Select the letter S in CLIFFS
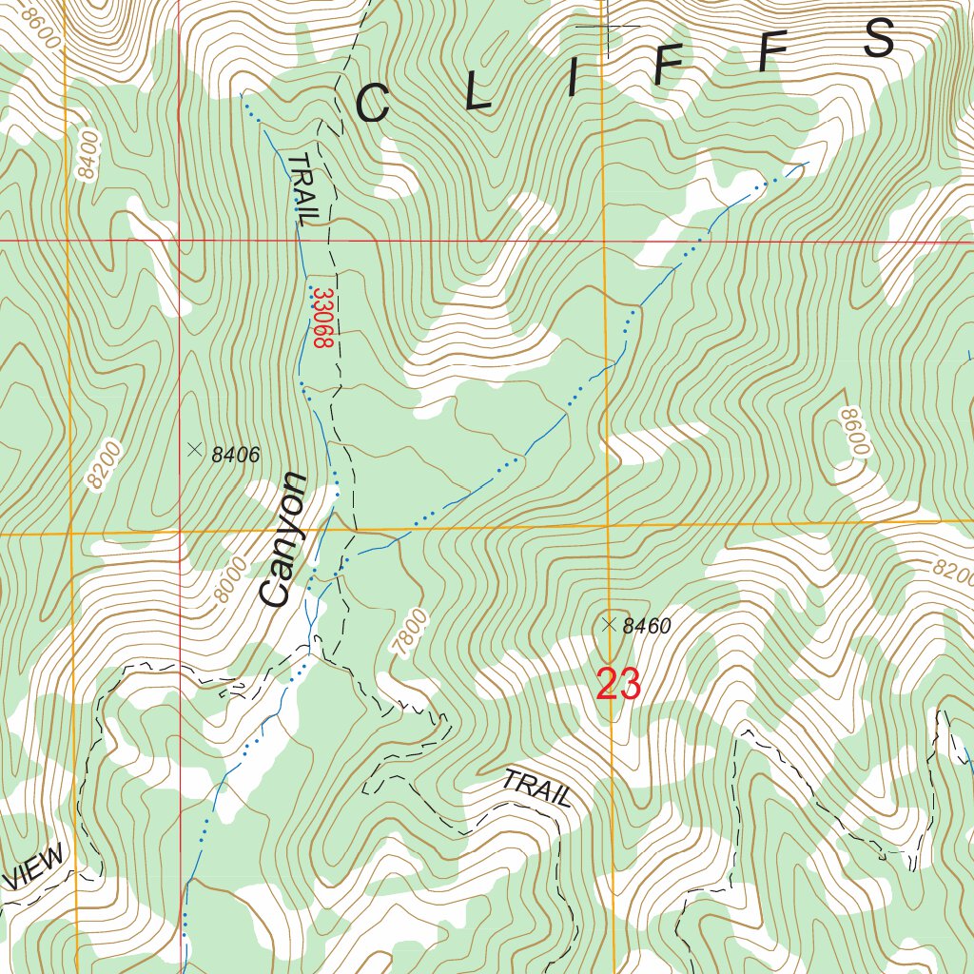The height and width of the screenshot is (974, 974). pos(880,39)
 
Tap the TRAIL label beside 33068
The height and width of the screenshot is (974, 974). pos(302,187)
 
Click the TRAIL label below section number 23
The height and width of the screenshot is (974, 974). pos(536,789)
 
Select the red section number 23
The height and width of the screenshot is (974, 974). pos(618,685)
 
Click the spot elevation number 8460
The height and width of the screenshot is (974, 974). pos(647,626)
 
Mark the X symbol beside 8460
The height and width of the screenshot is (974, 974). pos(610,624)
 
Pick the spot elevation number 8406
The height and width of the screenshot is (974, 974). pos(235,456)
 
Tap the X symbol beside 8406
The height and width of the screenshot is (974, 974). pos(195,449)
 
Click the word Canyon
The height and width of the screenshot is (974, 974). pos(283,539)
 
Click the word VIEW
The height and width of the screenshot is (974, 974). pos(36,867)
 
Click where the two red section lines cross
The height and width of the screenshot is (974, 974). pos(179,241)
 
